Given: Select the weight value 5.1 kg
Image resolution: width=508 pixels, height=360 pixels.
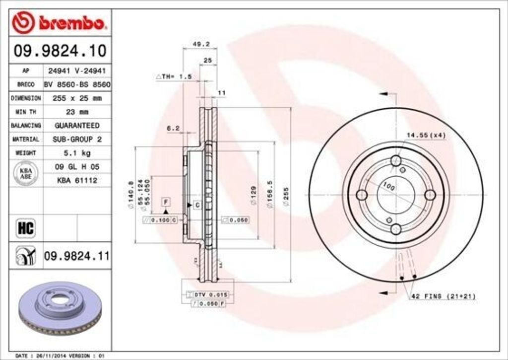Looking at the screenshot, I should [76, 153].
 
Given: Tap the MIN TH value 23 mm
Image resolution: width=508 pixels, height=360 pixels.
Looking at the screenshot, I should [76, 112].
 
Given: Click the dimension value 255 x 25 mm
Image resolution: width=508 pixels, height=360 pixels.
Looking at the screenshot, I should [76, 98].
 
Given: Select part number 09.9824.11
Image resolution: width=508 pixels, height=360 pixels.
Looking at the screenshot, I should [76, 256].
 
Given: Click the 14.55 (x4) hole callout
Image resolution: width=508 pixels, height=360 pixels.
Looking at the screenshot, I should [427, 135].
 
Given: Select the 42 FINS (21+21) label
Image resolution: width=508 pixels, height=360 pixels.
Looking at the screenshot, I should [443, 296].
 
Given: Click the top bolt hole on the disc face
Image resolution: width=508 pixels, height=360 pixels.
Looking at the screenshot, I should [396, 161].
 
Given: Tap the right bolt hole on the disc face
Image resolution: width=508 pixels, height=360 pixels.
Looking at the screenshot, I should [430, 195].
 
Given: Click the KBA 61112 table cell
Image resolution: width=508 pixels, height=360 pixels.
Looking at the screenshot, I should [76, 180].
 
